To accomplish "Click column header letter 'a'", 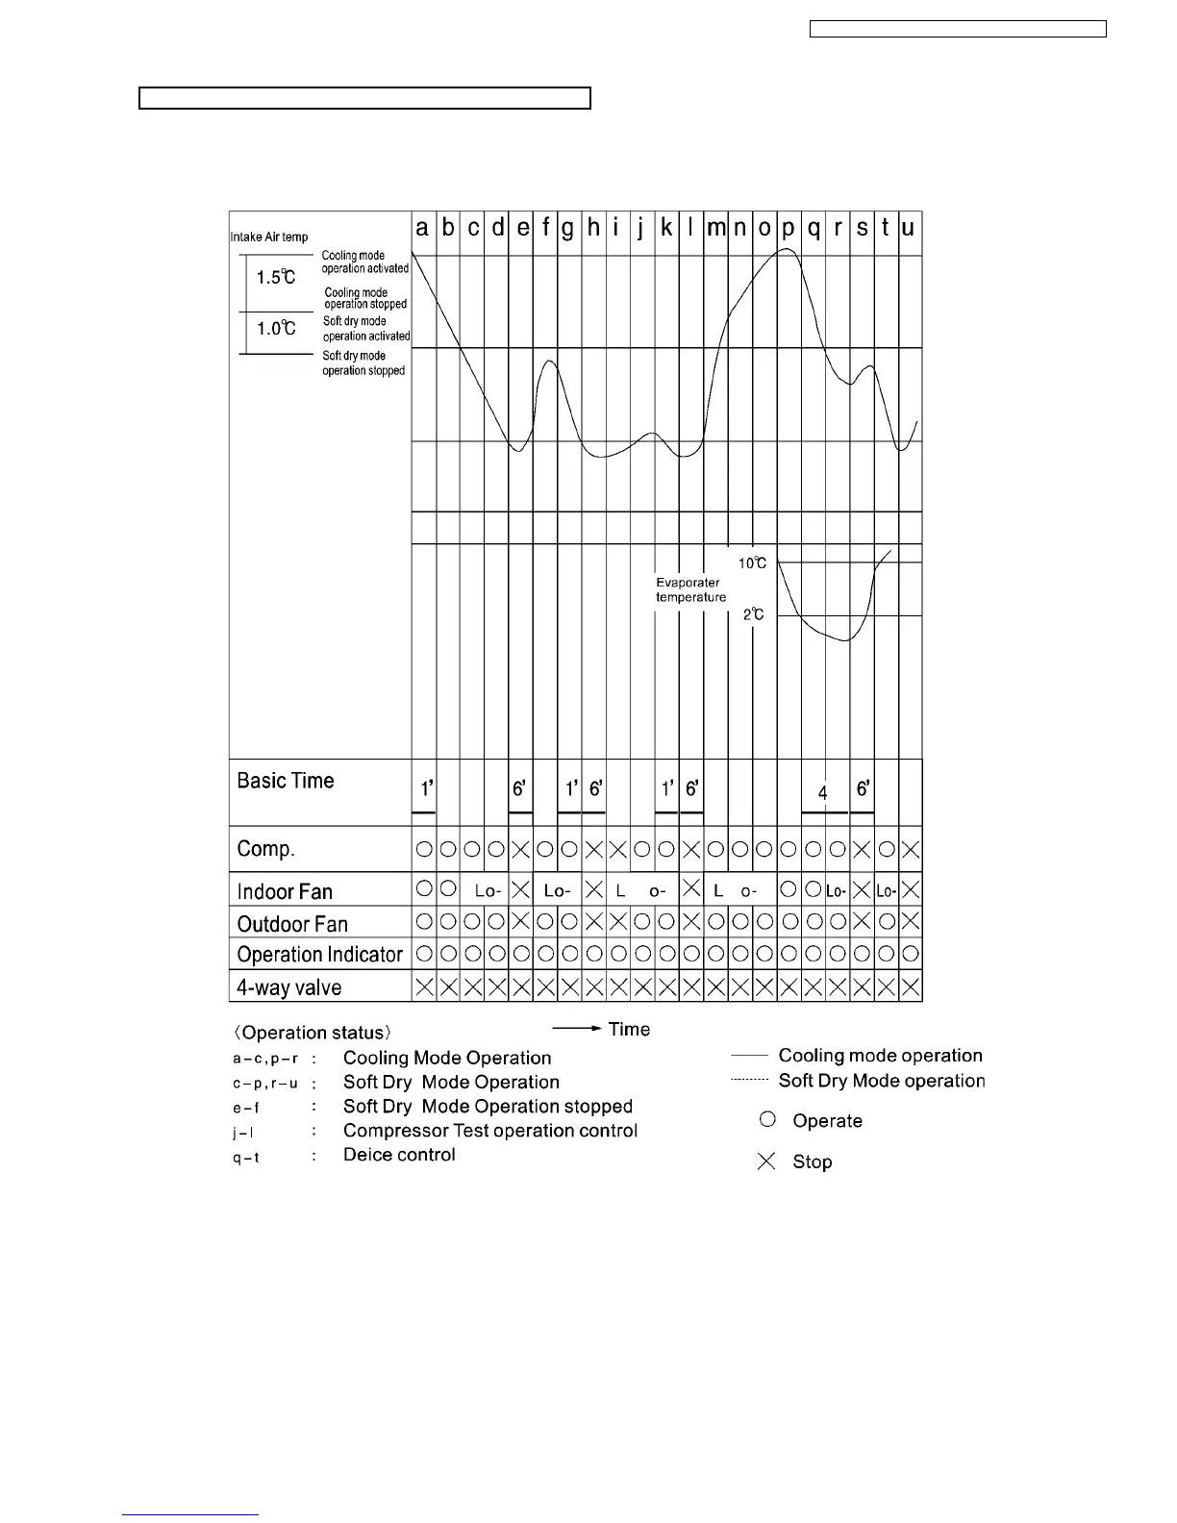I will pos(422,229).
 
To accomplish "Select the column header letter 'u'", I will pos(908,229).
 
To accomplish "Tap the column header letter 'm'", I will pos(715,229).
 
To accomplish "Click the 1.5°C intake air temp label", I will pos(276,277).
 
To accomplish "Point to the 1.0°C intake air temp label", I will pos(276,328).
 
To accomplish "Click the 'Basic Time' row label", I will pos(286,781).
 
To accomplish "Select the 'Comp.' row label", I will pos(265,849).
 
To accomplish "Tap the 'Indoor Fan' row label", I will pos(285,891).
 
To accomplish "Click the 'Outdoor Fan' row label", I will pos(292,924).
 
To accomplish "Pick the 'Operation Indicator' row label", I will pos(319,955).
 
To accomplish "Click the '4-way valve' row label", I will pos(288,987).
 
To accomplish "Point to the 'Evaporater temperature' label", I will pos(690,589).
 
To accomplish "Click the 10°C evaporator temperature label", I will pos(752,563).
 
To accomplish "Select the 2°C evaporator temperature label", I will pos(754,614).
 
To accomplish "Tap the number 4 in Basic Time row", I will pos(823,793).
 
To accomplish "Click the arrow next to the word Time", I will pos(577,1029).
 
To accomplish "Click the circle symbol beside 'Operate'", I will pos(766,1120).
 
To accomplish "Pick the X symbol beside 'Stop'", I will pos(766,1161).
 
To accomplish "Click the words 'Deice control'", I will pos(399,1155).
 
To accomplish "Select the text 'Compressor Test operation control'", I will pos(489,1131).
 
